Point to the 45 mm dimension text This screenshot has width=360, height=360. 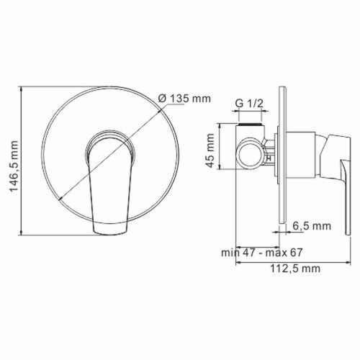tap(210, 150)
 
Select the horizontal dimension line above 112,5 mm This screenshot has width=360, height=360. tap(295, 261)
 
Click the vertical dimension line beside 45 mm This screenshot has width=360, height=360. tap(219, 150)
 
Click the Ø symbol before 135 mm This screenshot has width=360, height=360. tap(162, 98)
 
